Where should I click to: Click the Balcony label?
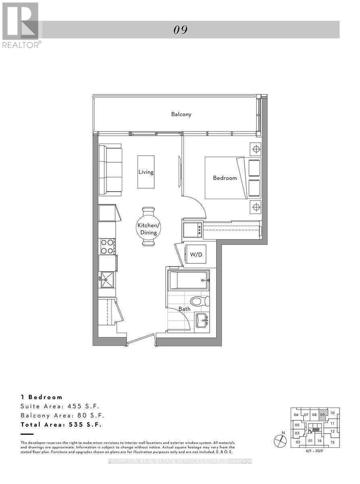coord(181,114)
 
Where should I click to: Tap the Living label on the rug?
coord(146,172)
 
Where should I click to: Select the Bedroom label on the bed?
coord(225,177)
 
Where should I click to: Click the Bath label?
coord(185,309)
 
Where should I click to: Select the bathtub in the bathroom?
coord(189,280)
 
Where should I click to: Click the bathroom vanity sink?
coord(202,321)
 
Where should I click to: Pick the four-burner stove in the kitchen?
coord(107,246)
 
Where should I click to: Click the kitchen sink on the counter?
coord(107,279)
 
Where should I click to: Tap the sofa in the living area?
coord(110,170)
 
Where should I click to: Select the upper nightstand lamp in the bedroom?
coord(255,149)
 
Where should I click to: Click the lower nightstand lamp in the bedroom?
coord(255,207)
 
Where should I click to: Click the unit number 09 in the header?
coord(181,30)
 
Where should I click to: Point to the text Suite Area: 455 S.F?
coord(60,406)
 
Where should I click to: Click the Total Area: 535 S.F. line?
coord(61,424)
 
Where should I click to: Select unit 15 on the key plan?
coord(332,442)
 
